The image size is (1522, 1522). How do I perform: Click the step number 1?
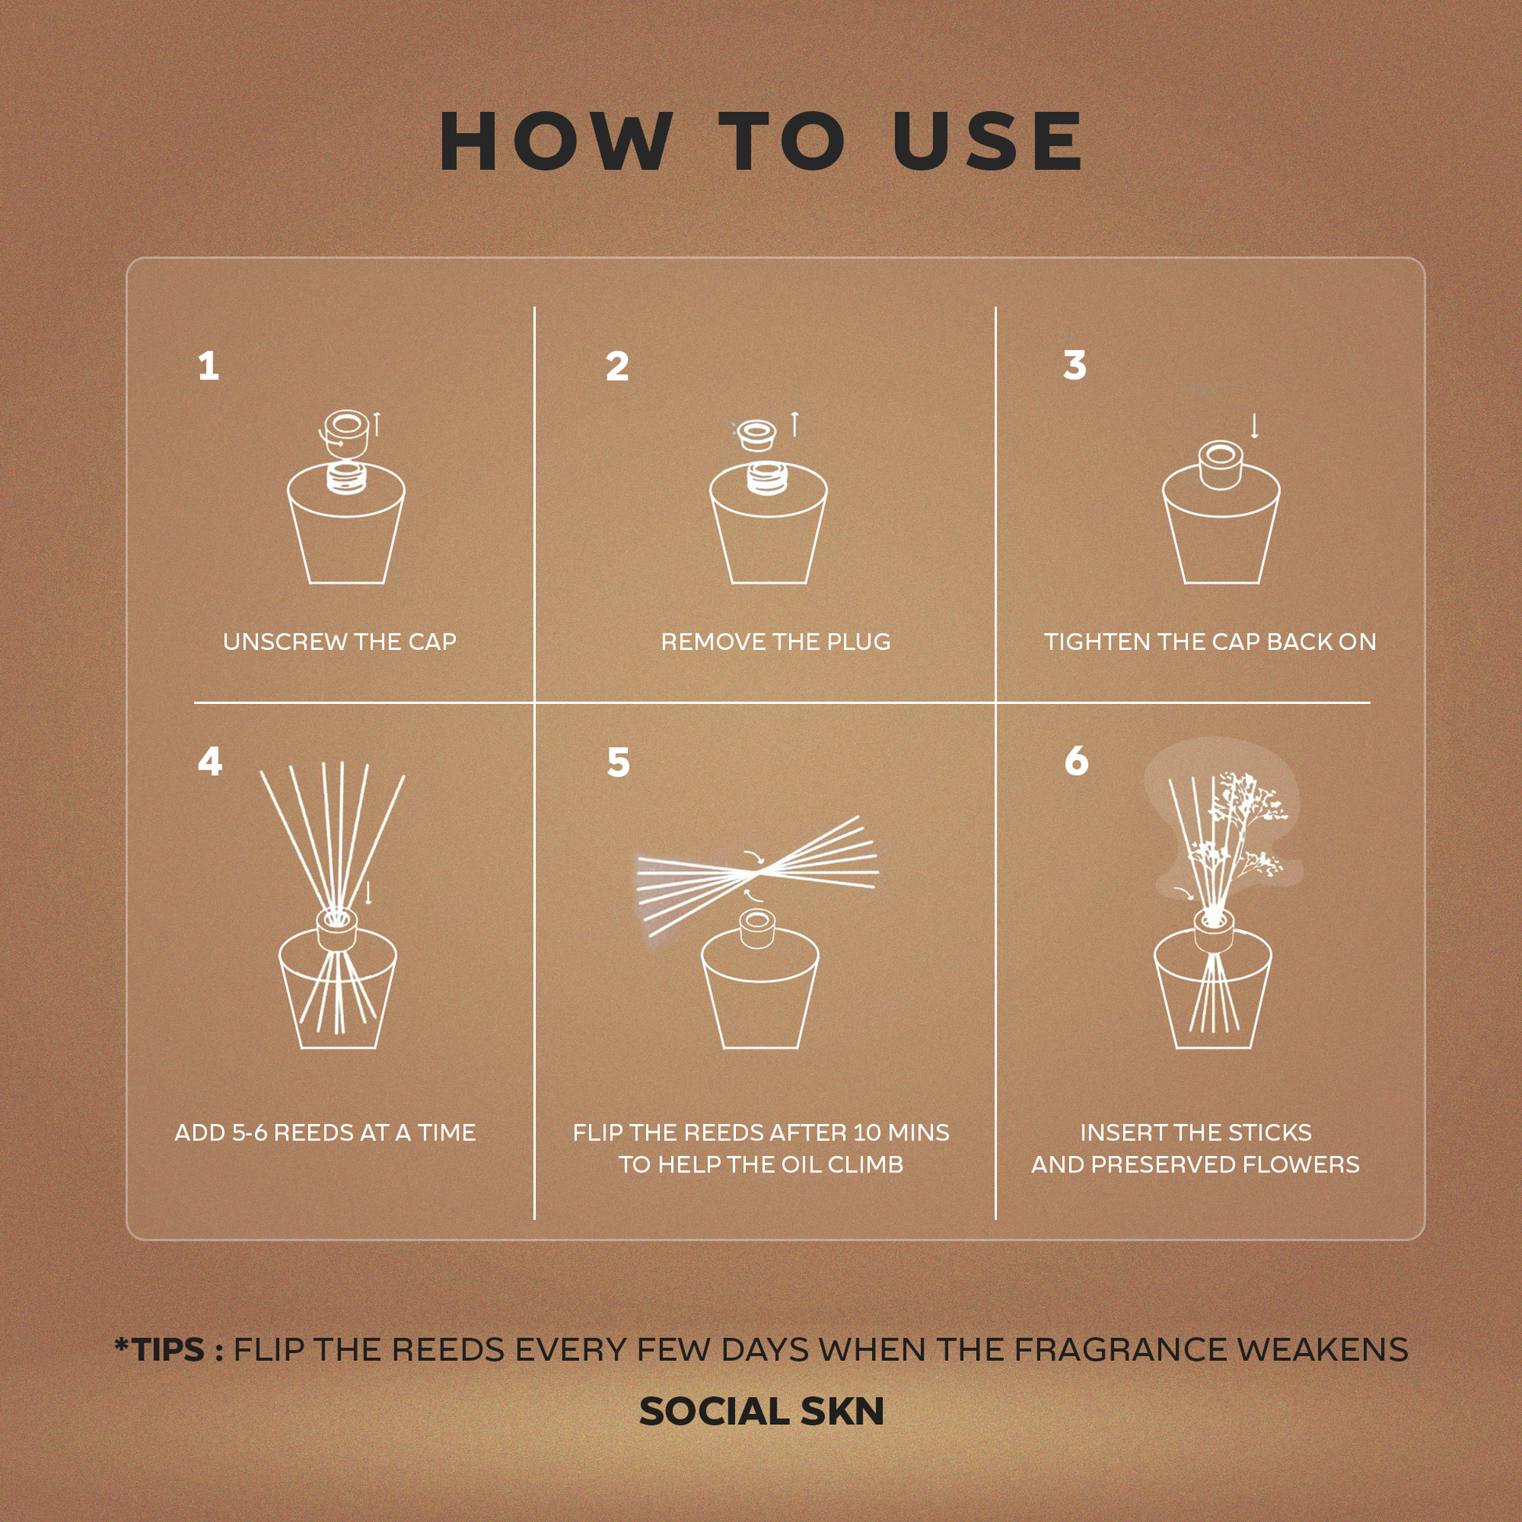(209, 367)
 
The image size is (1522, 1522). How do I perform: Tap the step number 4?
(210, 762)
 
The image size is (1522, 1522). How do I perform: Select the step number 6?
(1076, 761)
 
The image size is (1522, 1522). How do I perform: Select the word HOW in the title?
(556, 141)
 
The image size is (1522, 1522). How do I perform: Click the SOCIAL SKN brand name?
(761, 1411)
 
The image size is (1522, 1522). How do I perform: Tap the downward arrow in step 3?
(1255, 426)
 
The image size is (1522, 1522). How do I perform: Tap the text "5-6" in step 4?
(249, 1133)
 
